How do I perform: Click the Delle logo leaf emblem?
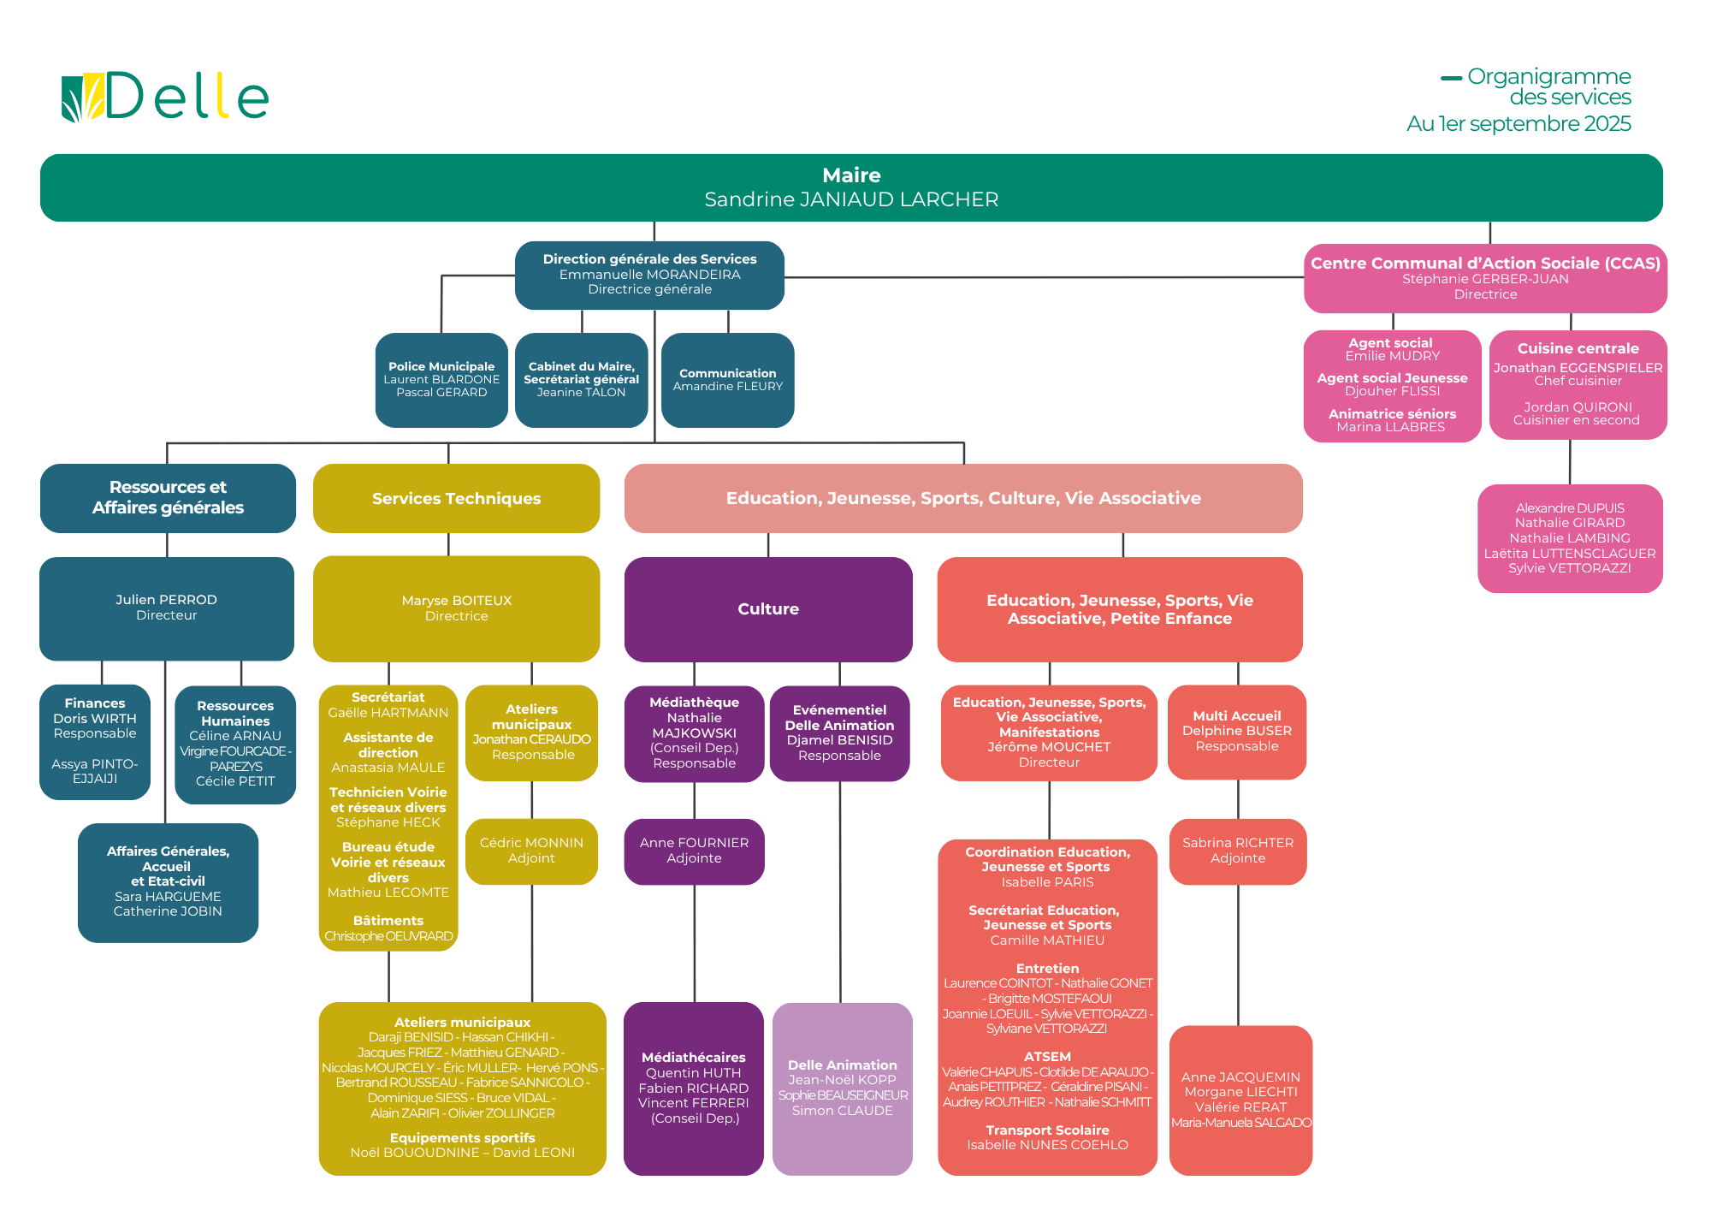click(82, 98)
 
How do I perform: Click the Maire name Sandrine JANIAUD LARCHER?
click(851, 199)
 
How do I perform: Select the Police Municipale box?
click(441, 379)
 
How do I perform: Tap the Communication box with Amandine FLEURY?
click(727, 379)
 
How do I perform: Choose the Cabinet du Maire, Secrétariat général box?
click(581, 379)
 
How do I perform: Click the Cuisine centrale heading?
click(1578, 348)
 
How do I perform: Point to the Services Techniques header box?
click(456, 498)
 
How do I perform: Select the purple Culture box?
click(767, 608)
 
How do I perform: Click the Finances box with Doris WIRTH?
click(95, 741)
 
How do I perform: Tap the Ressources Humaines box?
click(235, 744)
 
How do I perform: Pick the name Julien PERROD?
click(166, 600)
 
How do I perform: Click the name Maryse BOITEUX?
click(456, 601)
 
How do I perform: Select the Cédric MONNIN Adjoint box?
click(531, 851)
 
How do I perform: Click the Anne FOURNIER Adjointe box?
click(694, 851)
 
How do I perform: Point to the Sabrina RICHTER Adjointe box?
click(1237, 851)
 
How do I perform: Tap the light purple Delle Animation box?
click(842, 1088)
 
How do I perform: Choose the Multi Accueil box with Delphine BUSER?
click(1236, 731)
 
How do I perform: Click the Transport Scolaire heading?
click(1047, 1130)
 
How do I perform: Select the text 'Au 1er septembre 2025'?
click(1518, 124)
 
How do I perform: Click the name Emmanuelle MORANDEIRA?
click(649, 275)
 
